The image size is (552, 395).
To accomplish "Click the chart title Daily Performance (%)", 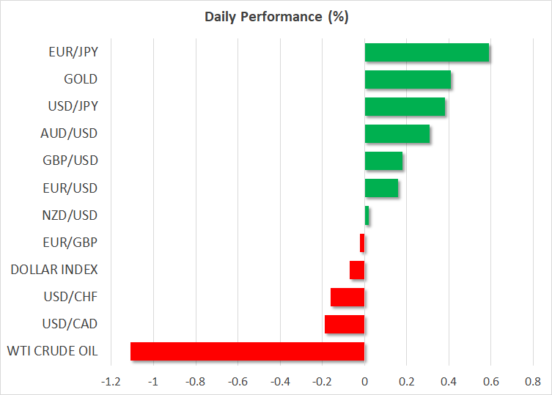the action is [x=276, y=17].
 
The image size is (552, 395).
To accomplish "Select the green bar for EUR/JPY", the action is [x=427, y=53].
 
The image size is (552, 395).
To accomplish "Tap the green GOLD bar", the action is [x=408, y=80].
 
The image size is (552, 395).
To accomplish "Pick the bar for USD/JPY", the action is [x=405, y=107].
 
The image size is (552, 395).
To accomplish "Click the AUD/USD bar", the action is [x=397, y=134].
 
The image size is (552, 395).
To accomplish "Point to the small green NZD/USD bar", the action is [x=367, y=215].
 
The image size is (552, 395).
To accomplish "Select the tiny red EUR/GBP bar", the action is [x=362, y=243].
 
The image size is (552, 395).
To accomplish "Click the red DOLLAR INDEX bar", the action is [x=357, y=270].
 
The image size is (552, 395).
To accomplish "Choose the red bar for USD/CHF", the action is [x=347, y=297].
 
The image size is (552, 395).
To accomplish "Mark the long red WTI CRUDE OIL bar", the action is [x=248, y=351].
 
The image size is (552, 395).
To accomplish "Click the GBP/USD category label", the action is [x=70, y=160].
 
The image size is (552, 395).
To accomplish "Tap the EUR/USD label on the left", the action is [x=70, y=188].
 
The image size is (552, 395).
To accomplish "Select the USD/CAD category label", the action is [x=70, y=324].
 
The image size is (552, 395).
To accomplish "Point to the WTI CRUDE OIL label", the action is [x=53, y=351].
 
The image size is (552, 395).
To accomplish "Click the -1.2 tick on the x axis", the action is [x=111, y=382].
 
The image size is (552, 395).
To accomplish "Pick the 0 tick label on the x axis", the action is [x=365, y=382].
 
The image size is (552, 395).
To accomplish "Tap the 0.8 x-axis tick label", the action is [x=533, y=382].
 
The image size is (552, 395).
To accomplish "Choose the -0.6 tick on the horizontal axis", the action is [x=238, y=382].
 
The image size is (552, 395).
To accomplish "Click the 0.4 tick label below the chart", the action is [x=449, y=382].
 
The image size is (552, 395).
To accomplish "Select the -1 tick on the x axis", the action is [x=153, y=382].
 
